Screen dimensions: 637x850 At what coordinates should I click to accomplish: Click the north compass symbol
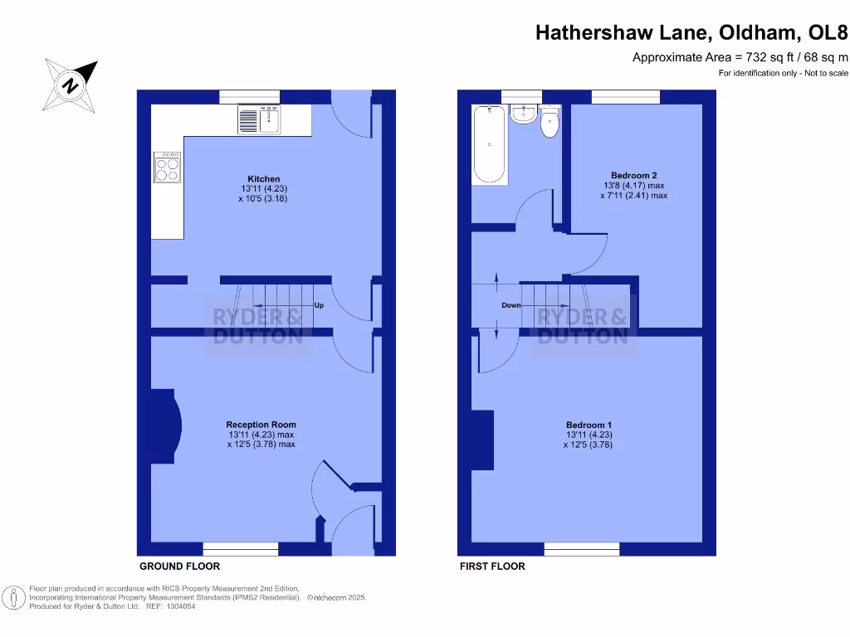[71, 85]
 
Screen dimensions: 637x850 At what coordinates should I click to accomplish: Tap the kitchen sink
[261, 119]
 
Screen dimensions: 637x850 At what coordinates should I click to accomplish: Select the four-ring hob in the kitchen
[167, 168]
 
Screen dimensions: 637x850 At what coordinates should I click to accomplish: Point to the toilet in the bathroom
[550, 124]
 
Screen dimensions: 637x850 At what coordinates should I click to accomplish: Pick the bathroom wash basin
[523, 114]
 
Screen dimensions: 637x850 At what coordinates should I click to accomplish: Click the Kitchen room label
[263, 179]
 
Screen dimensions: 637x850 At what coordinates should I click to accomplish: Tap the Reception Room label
[261, 425]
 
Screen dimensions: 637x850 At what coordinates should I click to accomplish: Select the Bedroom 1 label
[589, 425]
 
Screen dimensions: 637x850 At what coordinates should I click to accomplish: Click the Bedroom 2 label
[633, 175]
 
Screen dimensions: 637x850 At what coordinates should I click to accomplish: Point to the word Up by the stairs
[319, 305]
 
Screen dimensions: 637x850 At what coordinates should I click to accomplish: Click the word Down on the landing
[511, 305]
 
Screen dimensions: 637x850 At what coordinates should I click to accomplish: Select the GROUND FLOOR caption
[179, 566]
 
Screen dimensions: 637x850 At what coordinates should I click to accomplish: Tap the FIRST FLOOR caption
[492, 566]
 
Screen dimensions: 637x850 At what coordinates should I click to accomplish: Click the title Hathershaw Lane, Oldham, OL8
[691, 32]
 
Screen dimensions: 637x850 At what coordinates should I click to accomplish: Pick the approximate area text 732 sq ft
[740, 57]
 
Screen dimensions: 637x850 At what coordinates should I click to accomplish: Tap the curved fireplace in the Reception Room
[168, 425]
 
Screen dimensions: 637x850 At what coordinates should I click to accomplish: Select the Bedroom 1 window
[582, 548]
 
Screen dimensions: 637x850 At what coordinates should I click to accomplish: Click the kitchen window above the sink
[249, 97]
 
